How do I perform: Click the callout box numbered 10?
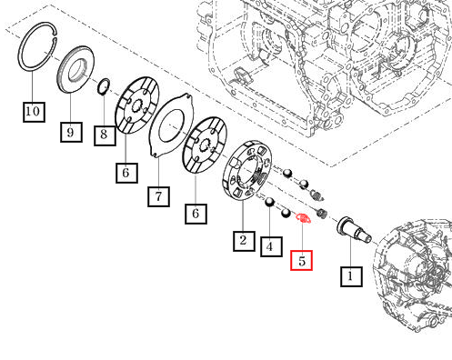(x=34, y=112)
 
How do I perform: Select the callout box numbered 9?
(x=71, y=132)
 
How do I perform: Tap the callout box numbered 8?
(x=105, y=135)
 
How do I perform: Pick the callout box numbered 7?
(x=158, y=197)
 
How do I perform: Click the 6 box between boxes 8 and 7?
(x=126, y=173)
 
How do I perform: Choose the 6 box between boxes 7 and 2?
(x=196, y=214)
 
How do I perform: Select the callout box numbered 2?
(x=244, y=241)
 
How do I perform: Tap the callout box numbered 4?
(x=271, y=247)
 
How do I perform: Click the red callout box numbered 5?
(x=301, y=260)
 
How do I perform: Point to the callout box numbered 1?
(x=351, y=276)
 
